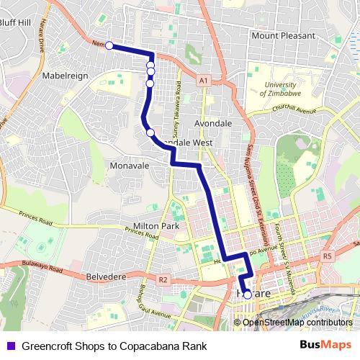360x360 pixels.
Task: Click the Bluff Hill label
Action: point(15,22)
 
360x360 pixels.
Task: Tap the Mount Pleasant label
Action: point(283,35)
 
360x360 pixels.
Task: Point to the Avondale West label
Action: point(189,143)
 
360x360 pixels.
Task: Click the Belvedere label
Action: point(106,275)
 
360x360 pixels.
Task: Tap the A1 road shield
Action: point(204,79)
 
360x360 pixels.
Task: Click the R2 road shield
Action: point(163,279)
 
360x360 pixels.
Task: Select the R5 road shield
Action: point(328,256)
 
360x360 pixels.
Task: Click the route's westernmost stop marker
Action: point(109,46)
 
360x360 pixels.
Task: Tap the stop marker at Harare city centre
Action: point(248,294)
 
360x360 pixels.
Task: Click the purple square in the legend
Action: point(10,344)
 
